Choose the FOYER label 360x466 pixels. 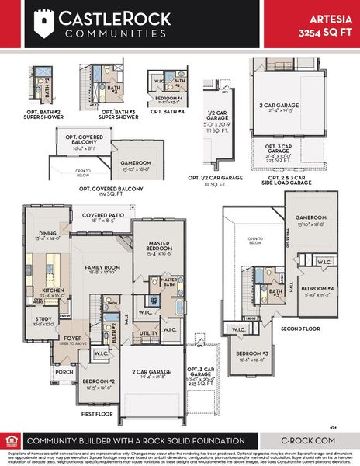click(72, 338)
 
